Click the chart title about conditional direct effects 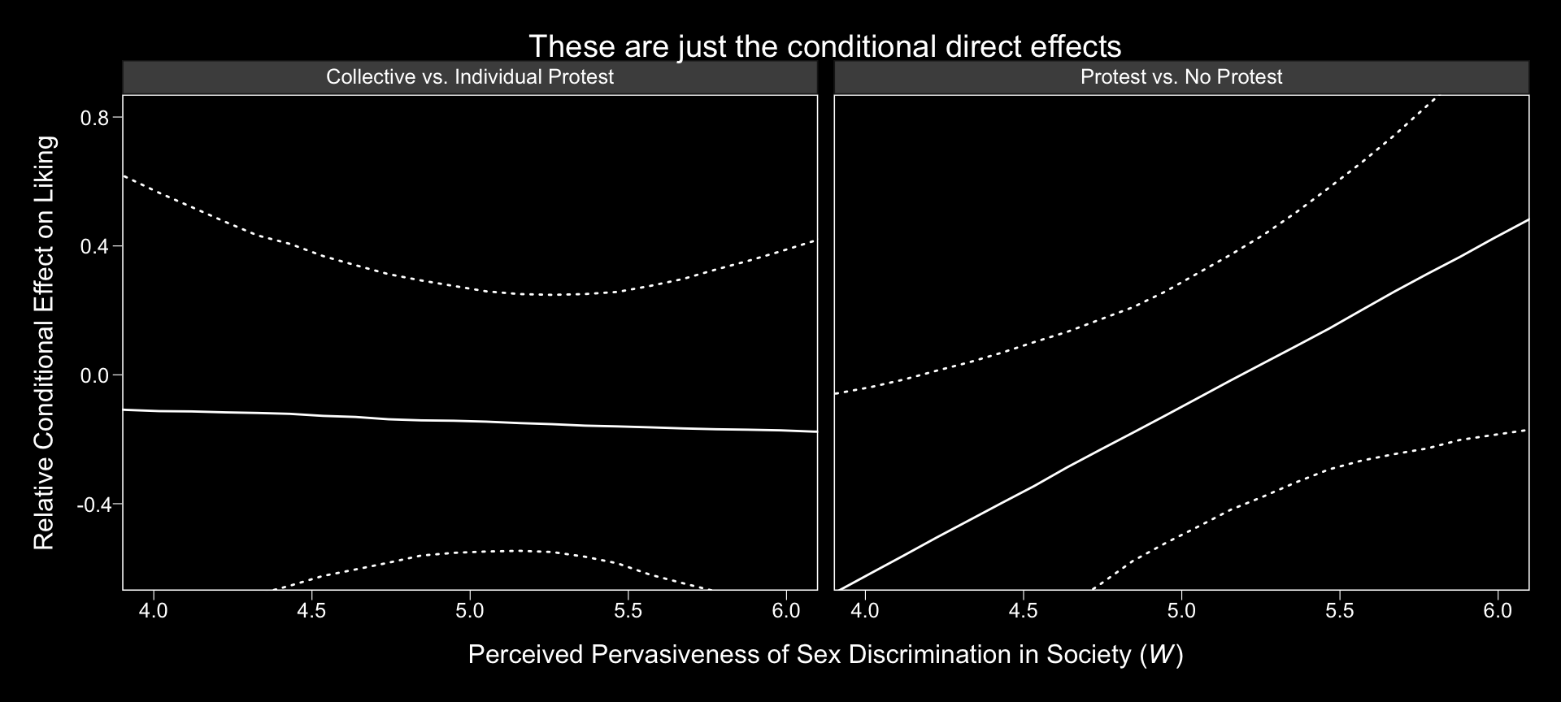pyautogui.click(x=824, y=46)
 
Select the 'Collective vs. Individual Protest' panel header pyautogui.click(x=470, y=77)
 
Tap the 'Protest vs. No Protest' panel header pyautogui.click(x=1181, y=77)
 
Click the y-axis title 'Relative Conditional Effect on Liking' pyautogui.click(x=45, y=342)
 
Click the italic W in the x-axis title pyautogui.click(x=1161, y=655)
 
